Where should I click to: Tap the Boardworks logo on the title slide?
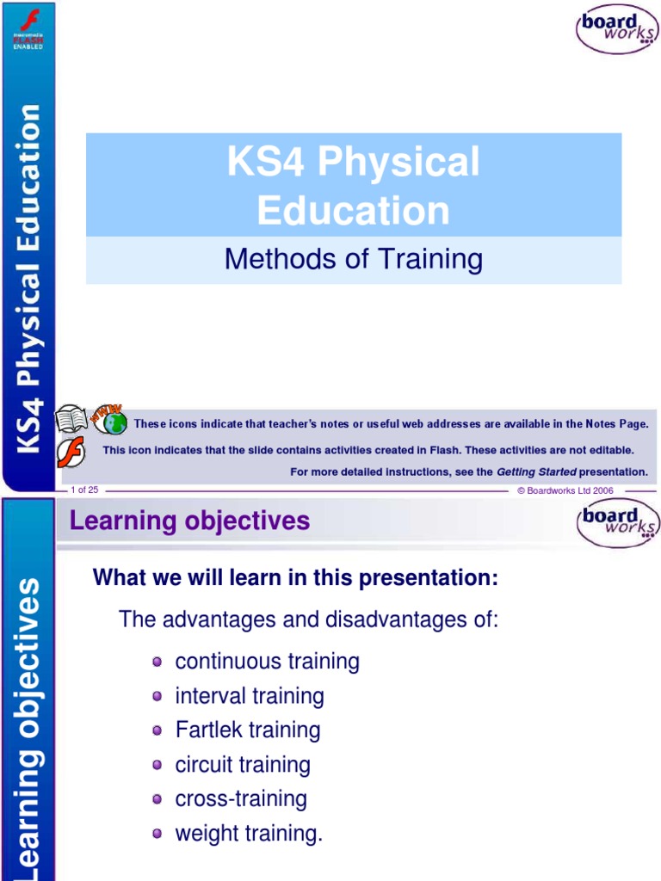(x=616, y=29)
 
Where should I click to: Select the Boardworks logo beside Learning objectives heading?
(x=617, y=524)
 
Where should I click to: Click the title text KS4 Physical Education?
(x=353, y=186)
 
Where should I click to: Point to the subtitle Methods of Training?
(x=353, y=259)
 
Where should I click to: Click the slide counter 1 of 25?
(x=84, y=490)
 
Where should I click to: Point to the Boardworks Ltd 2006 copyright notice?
(x=565, y=490)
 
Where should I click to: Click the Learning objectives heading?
(x=189, y=521)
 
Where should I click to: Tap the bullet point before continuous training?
(x=157, y=662)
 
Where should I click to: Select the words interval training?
(x=250, y=696)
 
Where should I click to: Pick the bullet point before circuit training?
(x=157, y=765)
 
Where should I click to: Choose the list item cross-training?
(x=241, y=799)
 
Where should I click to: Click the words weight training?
(x=249, y=834)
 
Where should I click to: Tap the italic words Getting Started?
(x=536, y=471)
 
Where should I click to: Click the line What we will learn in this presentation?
(x=295, y=579)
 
